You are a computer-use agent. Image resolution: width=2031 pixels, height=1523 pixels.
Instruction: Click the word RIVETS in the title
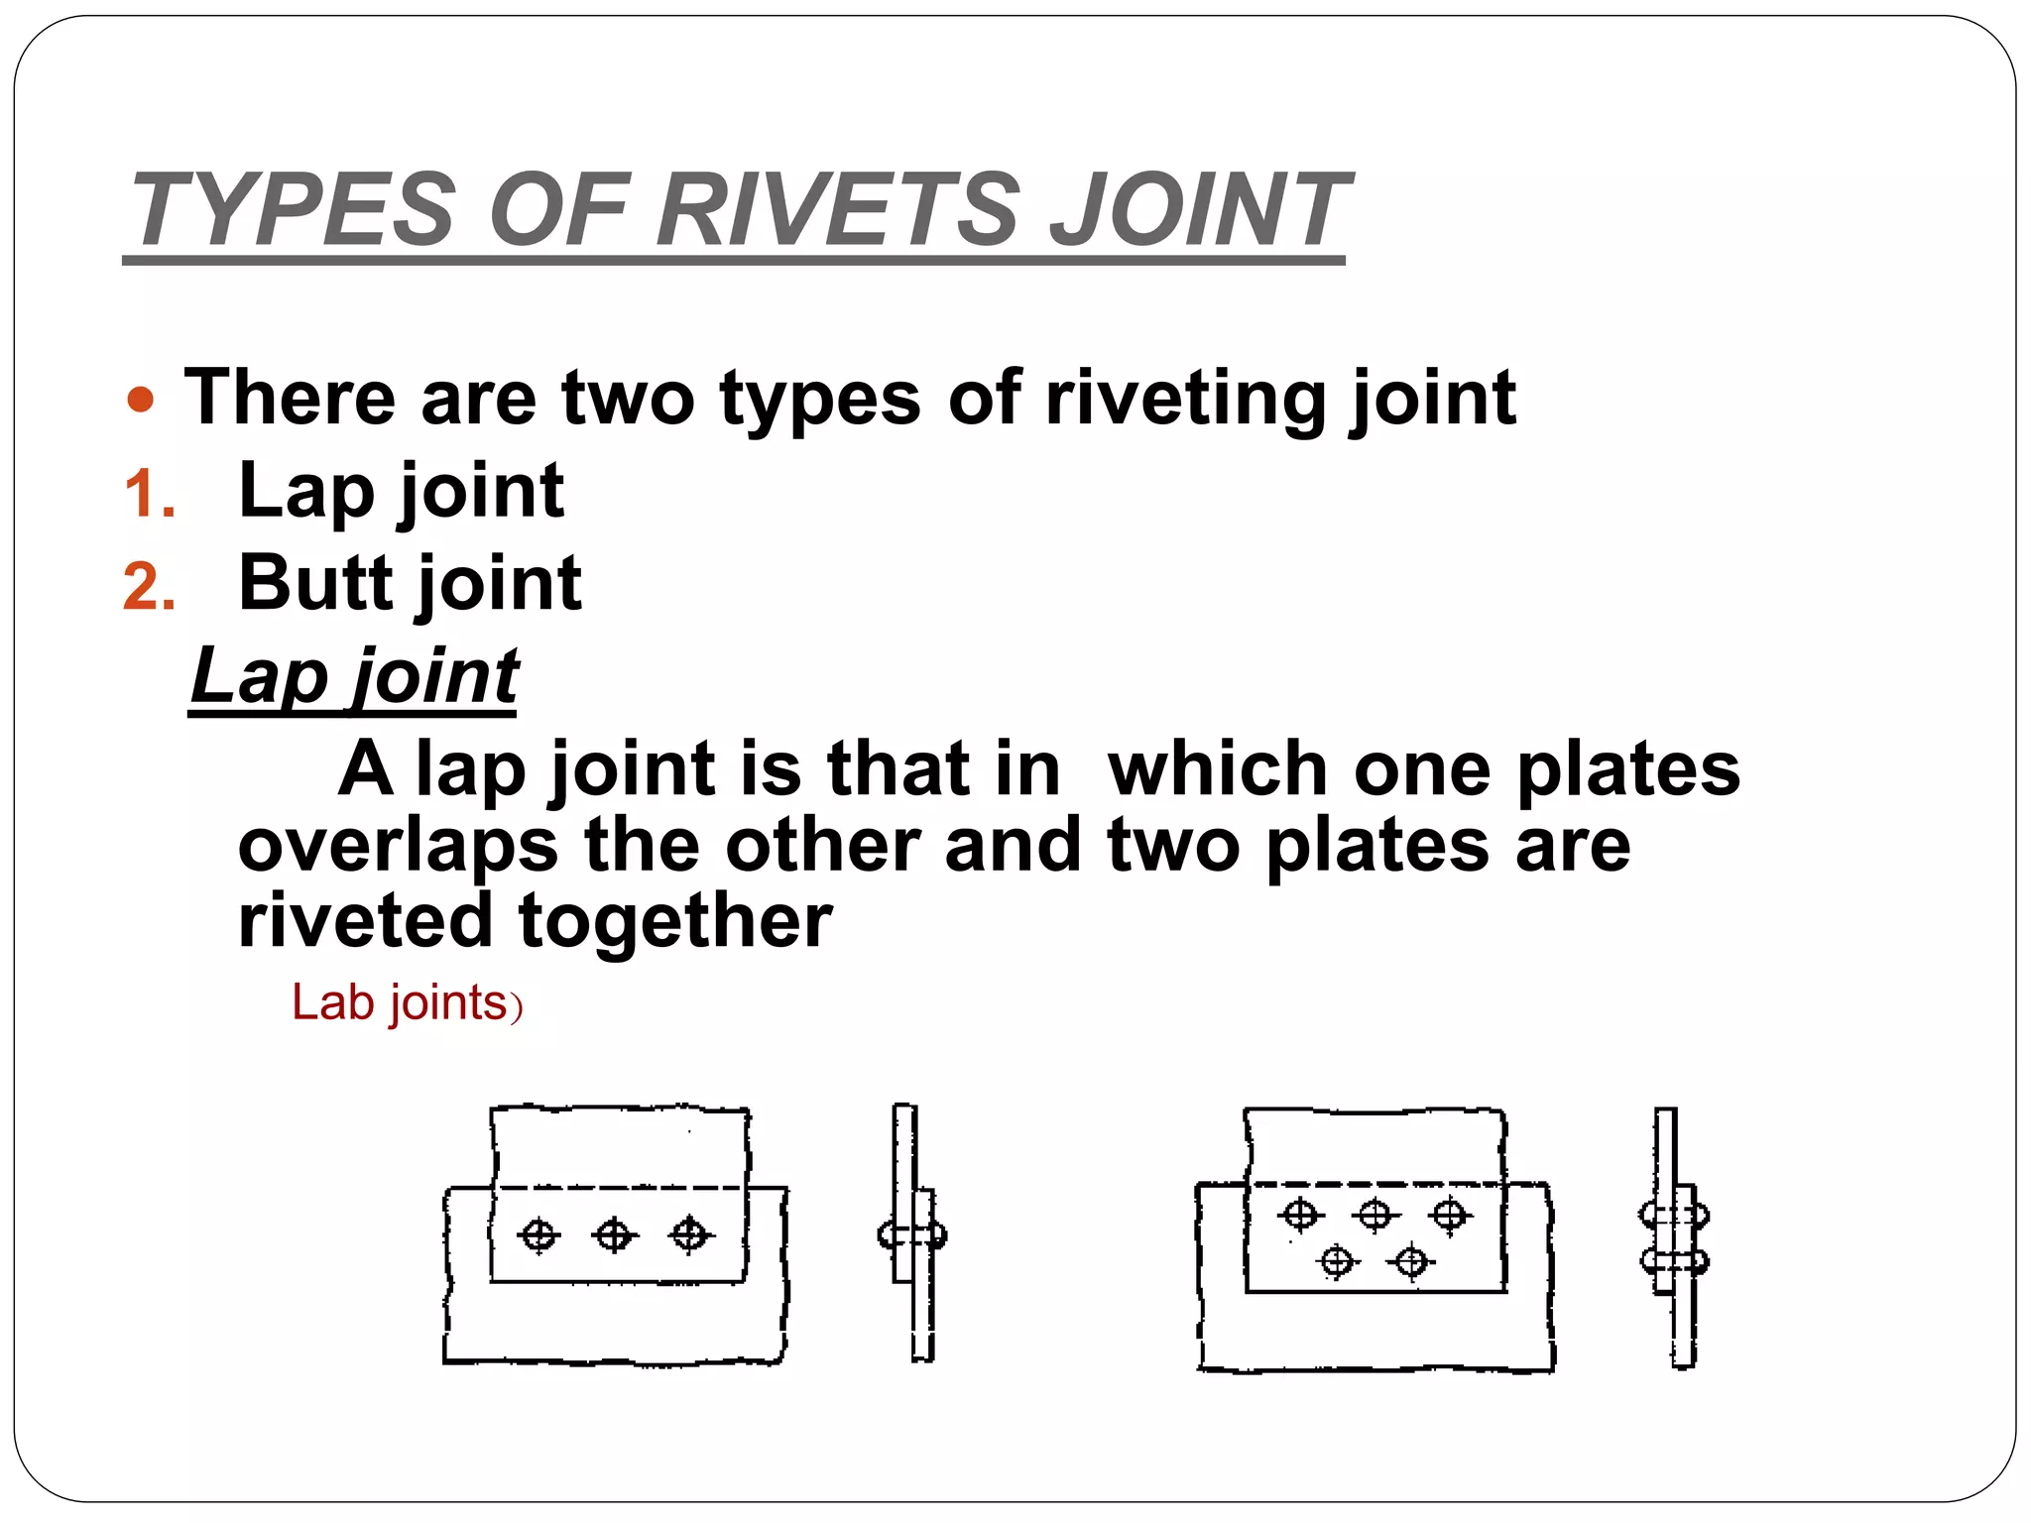click(x=838, y=210)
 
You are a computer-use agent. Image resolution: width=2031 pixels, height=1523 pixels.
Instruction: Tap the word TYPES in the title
click(x=294, y=210)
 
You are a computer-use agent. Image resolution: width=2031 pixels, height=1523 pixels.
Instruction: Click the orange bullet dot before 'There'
click(x=142, y=400)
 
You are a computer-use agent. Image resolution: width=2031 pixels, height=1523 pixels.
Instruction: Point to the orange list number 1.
click(x=150, y=495)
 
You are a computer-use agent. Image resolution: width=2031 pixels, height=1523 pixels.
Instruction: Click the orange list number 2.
click(x=150, y=587)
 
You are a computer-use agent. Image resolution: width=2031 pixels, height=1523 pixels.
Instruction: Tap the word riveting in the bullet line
click(x=1185, y=399)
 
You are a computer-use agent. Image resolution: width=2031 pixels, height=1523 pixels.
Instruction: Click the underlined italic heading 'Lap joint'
click(x=355, y=676)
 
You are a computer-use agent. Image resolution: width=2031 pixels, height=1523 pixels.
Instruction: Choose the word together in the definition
click(x=675, y=921)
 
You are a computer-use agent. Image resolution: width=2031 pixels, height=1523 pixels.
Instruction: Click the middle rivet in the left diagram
click(x=615, y=1235)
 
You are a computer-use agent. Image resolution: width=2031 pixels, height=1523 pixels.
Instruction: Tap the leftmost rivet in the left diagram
click(x=539, y=1235)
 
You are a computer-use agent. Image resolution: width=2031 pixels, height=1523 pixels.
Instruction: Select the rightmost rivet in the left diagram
click(x=690, y=1235)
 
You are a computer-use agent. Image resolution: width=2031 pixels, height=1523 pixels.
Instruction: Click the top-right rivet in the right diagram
click(x=1450, y=1215)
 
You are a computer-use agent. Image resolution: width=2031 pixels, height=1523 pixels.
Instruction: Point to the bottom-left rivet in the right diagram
click(x=1337, y=1262)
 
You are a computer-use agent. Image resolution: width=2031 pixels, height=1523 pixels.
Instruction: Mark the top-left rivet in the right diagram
click(x=1299, y=1215)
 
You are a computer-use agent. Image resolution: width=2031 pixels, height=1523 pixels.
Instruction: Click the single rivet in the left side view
click(x=912, y=1235)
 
